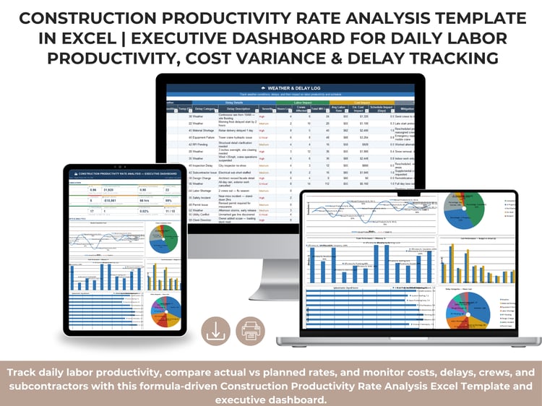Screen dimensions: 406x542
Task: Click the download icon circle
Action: (x=215, y=332)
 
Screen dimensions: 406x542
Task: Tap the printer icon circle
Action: (x=251, y=332)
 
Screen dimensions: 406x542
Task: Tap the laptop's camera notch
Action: (x=409, y=192)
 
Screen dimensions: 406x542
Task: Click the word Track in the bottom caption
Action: (x=23, y=372)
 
